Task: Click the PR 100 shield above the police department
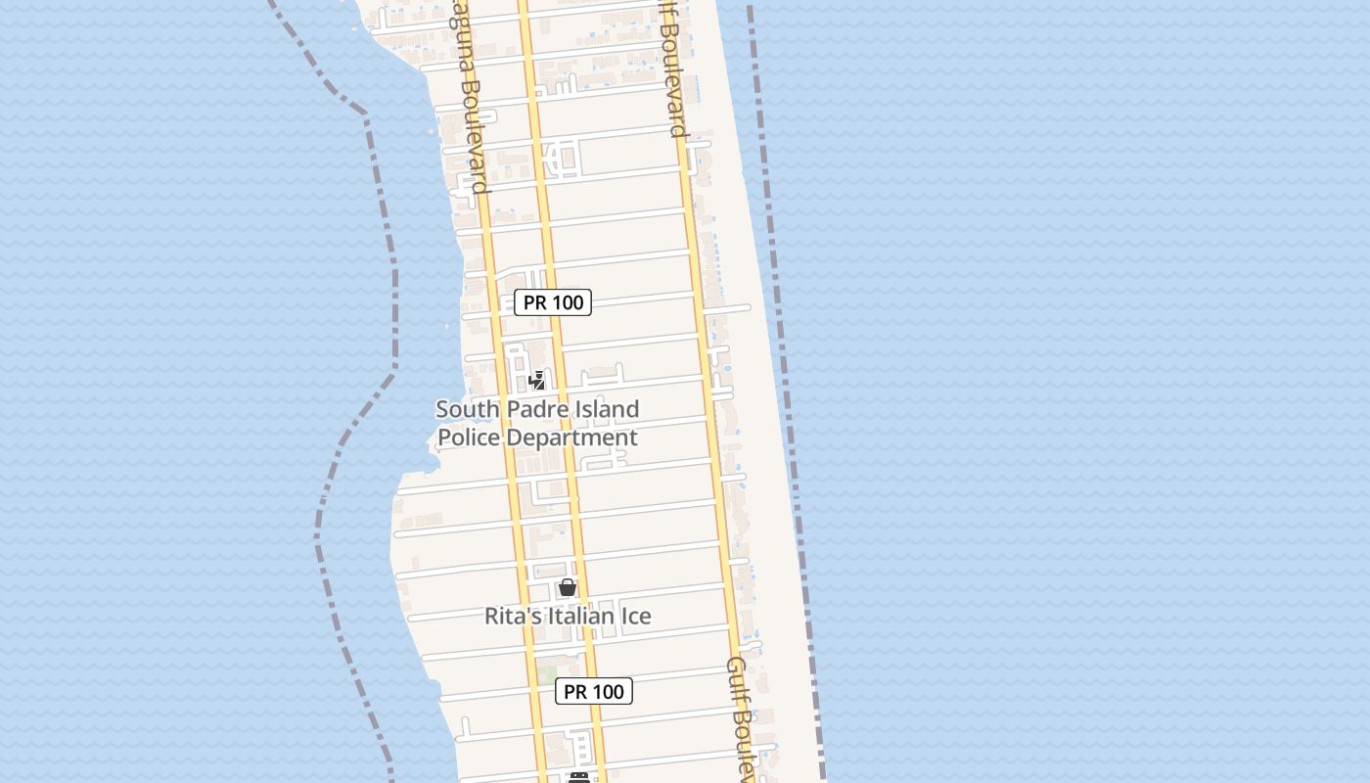tap(553, 302)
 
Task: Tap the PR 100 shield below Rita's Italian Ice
tap(594, 691)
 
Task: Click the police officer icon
tap(536, 380)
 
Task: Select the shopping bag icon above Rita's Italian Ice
tap(567, 587)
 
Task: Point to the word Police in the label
tap(468, 438)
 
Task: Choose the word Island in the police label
tap(605, 409)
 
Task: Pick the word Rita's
tap(512, 616)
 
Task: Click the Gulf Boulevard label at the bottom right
tap(741, 719)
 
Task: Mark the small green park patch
tap(546, 674)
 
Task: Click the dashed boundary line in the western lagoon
tap(394, 294)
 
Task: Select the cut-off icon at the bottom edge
tap(579, 778)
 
